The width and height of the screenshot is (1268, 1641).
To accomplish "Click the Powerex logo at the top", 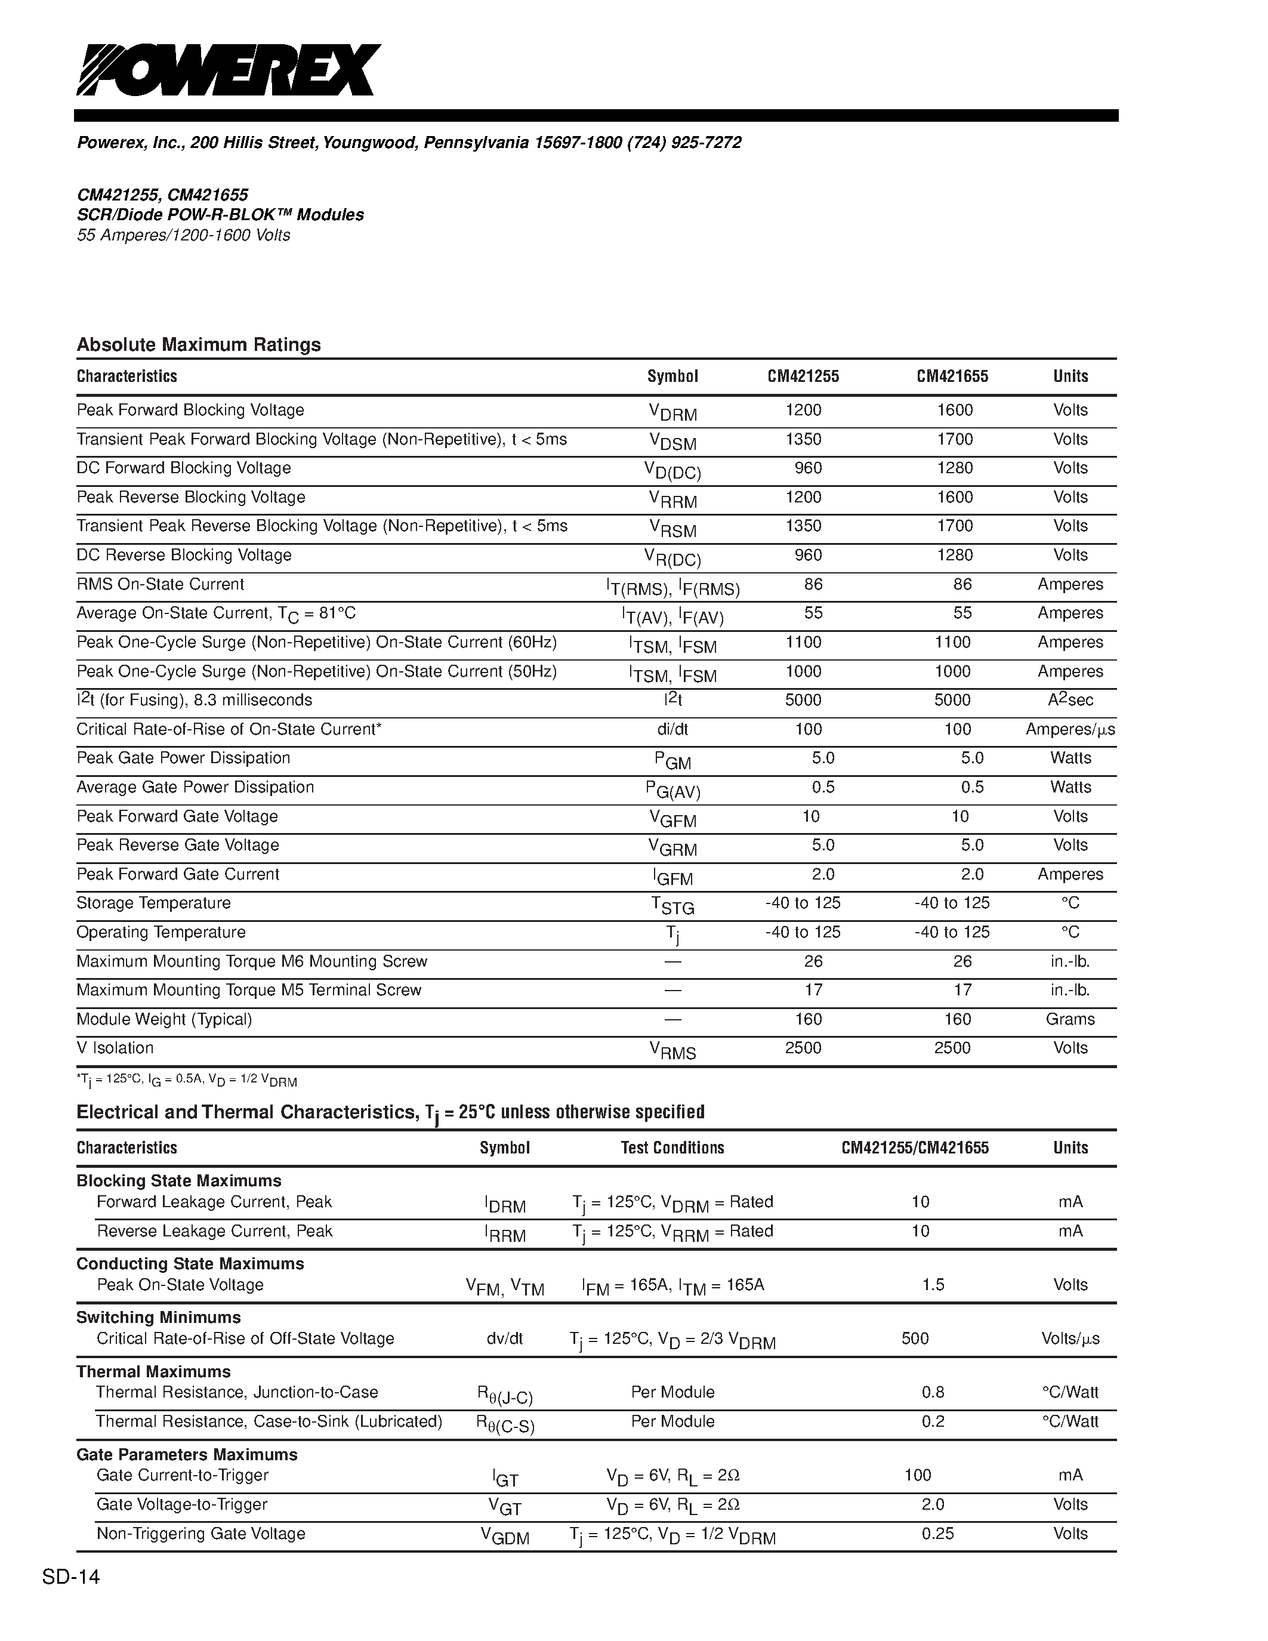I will pyautogui.click(x=229, y=70).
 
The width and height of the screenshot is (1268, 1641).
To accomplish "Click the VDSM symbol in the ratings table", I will pyautogui.click(x=672, y=441).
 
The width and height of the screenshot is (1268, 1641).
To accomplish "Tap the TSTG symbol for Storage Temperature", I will pyautogui.click(x=672, y=905).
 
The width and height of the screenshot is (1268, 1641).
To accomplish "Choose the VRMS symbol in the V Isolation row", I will pyautogui.click(x=672, y=1050).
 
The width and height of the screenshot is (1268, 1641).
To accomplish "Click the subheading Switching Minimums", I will pyautogui.click(x=159, y=1317).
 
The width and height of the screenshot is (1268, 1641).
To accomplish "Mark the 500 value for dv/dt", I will pyautogui.click(x=915, y=1338).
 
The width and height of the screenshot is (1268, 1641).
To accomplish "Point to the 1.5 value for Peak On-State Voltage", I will pyautogui.click(x=933, y=1285).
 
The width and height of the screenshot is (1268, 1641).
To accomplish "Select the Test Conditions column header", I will pyautogui.click(x=672, y=1148).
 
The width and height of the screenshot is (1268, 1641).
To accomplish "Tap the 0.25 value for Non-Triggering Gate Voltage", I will pyautogui.click(x=937, y=1534).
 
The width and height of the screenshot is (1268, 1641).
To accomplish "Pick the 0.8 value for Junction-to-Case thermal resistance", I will pyautogui.click(x=933, y=1392).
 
